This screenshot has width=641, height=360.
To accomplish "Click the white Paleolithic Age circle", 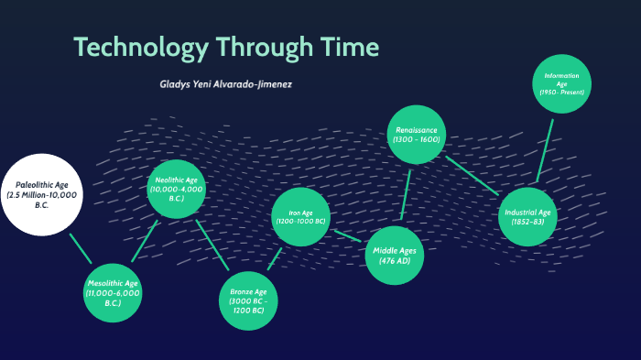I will (42, 195).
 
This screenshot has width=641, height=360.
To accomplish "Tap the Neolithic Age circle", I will (176, 190).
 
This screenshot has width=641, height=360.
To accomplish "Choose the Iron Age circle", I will (300, 217).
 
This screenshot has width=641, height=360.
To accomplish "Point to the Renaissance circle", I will (418, 136).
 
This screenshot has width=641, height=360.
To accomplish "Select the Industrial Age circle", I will (527, 216).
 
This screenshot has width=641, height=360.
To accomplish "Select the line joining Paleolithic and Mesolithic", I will (80, 248).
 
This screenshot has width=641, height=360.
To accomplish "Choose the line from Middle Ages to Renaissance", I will (406, 195).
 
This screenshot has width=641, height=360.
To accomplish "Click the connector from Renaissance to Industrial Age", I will (473, 176).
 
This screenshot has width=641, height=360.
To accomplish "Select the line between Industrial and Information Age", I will (545, 149).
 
